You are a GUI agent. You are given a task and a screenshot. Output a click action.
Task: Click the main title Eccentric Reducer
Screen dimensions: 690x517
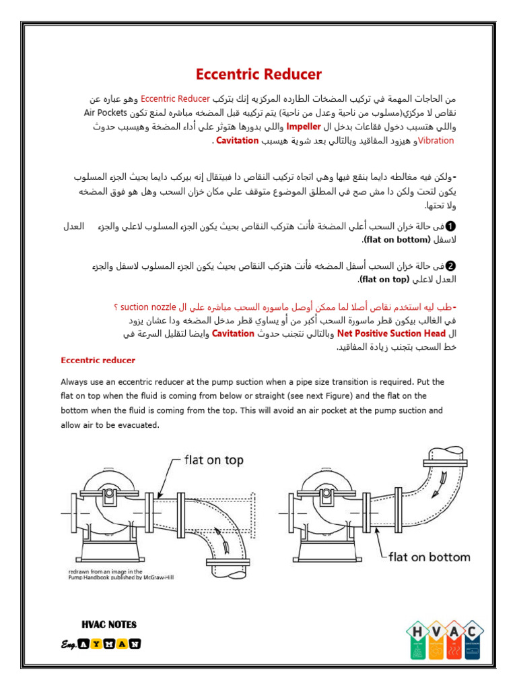tap(258, 75)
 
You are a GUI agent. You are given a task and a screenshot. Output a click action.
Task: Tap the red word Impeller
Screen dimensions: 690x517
tap(304, 125)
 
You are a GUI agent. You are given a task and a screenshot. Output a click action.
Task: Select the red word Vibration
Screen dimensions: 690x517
tap(436, 140)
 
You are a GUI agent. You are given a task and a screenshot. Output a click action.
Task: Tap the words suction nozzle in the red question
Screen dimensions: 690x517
tap(139, 307)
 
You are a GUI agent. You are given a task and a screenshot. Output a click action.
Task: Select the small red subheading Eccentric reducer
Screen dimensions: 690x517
tap(98, 360)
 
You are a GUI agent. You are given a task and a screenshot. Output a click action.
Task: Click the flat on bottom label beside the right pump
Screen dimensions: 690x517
tap(429, 557)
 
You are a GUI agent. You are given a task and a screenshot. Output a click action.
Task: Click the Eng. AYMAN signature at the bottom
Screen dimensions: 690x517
tap(100, 644)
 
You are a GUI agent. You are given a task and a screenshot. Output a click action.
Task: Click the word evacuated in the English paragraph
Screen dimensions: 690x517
tap(136, 425)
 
